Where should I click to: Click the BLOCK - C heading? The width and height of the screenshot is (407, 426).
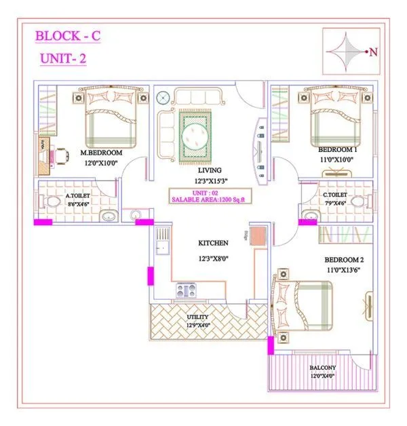(68, 36)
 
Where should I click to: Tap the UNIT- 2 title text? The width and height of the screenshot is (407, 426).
(62, 59)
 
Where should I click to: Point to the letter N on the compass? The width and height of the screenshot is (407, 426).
(372, 52)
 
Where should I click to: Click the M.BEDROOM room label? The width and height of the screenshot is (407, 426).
(101, 153)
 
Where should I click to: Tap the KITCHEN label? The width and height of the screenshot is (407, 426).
(213, 242)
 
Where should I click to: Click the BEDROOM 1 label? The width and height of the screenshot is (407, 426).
(338, 149)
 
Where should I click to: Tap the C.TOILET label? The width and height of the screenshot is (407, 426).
(336, 195)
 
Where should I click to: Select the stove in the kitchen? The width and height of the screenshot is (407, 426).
(186, 290)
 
